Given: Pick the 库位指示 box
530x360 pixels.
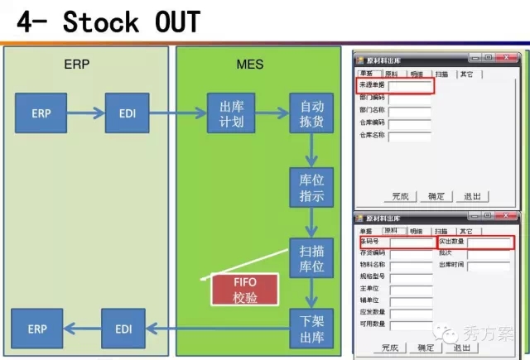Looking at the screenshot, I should coord(311,189).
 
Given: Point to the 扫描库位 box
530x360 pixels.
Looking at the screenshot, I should coord(311,258).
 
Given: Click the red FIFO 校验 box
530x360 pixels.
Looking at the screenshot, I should coord(246,290).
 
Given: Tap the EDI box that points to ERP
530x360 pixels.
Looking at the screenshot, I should coord(123,329).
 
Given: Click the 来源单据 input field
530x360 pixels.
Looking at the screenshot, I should coord(410,86).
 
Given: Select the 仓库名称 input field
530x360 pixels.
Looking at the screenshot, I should coord(410,135).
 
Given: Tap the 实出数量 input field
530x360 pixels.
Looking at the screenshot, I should coord(490,242).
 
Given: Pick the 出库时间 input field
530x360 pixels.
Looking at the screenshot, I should coord(490,266).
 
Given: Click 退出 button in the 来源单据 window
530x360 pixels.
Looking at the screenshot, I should coord(472,196).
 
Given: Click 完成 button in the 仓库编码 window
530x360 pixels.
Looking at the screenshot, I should coord(401,196).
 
